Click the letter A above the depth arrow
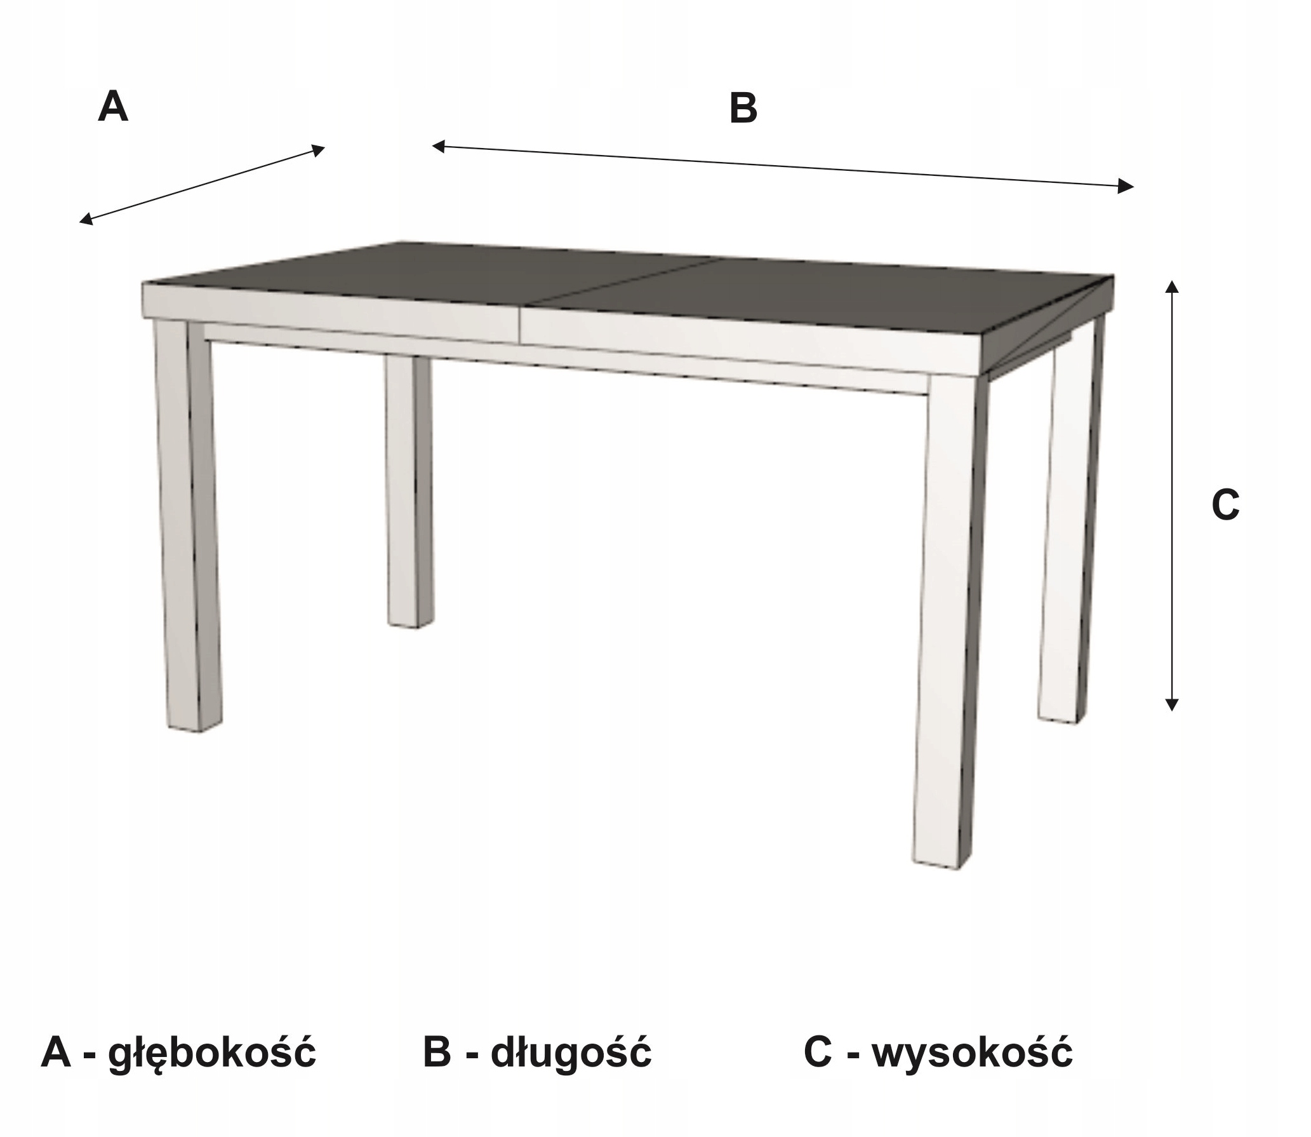113,107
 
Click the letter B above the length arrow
743,109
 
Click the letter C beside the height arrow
1225,506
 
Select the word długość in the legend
571,1053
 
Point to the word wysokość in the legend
972,1053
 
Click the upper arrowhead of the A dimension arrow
319,150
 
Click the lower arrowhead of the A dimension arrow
85,220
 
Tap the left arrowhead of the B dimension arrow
438,147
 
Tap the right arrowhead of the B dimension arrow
1126,186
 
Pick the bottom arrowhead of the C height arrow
1172,705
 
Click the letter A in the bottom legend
56,1053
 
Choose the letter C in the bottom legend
818,1053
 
